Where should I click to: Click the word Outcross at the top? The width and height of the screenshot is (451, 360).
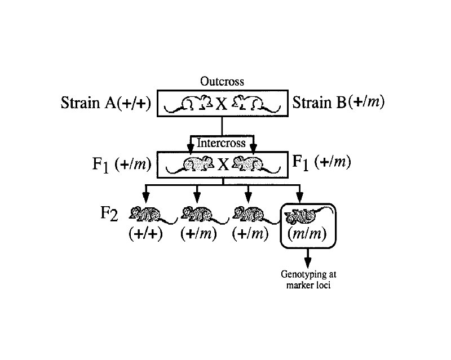[222, 81]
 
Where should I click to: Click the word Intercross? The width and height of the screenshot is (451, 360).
[222, 143]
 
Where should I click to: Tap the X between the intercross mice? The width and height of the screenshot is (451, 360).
[223, 165]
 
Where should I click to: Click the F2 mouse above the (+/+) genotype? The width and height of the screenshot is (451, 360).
[146, 215]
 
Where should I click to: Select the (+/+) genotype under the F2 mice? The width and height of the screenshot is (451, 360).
[146, 234]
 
